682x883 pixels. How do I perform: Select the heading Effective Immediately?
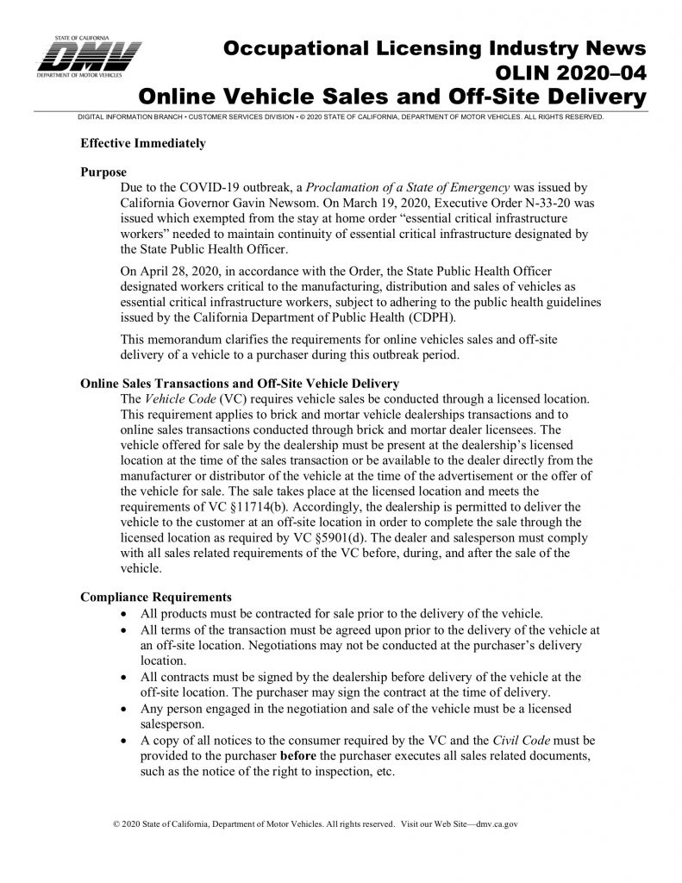(x=142, y=143)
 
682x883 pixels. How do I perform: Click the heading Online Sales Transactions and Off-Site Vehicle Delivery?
(x=239, y=383)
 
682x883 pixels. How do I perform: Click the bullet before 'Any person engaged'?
(x=128, y=709)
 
